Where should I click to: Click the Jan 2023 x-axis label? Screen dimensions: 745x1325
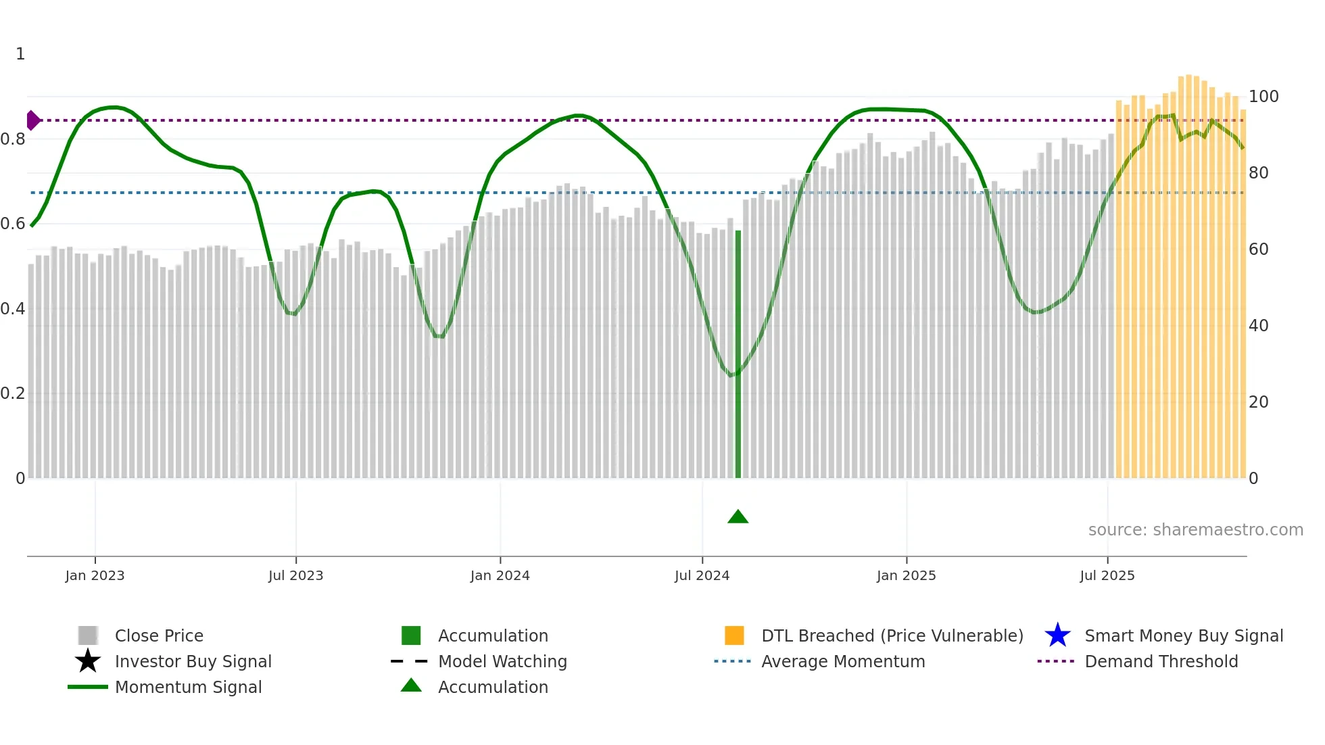tap(95, 575)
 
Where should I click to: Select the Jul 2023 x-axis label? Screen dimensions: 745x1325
tap(295, 575)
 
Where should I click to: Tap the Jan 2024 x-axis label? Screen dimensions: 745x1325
tap(500, 575)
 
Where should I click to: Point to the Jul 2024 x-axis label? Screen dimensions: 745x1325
tap(702, 575)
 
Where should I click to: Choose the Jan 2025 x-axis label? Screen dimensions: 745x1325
tap(906, 575)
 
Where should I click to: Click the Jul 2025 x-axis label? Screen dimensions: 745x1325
tap(1107, 575)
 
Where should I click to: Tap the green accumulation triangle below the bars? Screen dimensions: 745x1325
tap(738, 517)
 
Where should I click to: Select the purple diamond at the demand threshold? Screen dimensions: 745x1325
tap(32, 120)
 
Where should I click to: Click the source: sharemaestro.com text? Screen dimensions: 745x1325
tap(1195, 530)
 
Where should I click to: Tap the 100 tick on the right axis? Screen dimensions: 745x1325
tap(1263, 97)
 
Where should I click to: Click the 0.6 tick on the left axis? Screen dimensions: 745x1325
tap(13, 224)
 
